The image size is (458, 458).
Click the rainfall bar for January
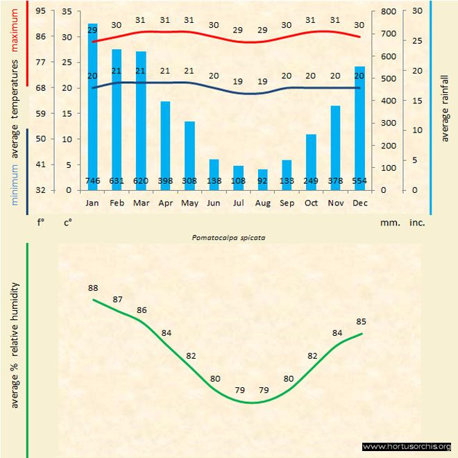pos(92,104)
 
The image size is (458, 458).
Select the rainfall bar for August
pos(262,179)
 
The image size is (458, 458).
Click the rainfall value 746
pos(92,181)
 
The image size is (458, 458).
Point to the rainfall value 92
pos(262,181)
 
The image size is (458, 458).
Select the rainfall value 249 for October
pos(311,181)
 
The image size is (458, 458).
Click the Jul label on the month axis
pos(238,203)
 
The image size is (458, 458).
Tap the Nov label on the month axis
pos(335,203)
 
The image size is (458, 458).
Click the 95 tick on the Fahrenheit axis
pos(40,11)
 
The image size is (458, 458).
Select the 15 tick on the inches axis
pos(416,101)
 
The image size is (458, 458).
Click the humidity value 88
pos(93,288)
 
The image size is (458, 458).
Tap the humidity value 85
pos(361,321)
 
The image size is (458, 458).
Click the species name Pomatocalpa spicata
pos(229,237)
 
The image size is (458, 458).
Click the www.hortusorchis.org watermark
pos(407,446)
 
